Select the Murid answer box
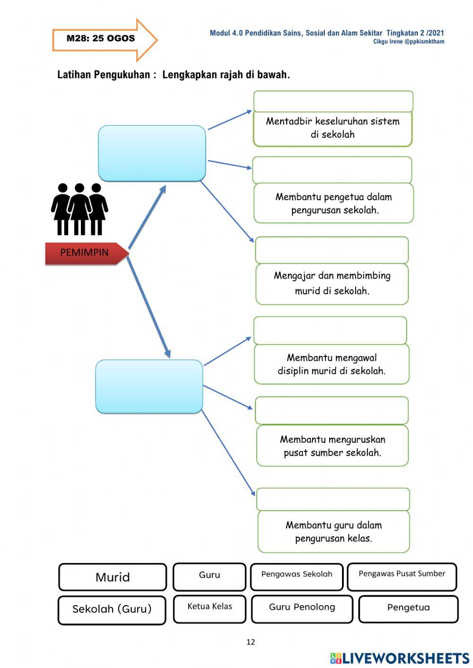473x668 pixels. coord(113,577)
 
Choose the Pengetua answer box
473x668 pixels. coord(408,608)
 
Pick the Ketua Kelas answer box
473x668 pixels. coord(210,608)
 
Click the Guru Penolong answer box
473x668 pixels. coord(302,608)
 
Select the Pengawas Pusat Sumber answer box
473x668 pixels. coord(402,576)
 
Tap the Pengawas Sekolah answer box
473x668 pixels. coord(297,576)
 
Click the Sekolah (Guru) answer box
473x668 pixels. coord(112,610)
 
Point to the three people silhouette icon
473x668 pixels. coord(79,209)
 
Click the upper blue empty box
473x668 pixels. coord(152,153)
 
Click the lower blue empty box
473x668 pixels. coord(149,386)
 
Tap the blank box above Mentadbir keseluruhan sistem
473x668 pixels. coord(333,101)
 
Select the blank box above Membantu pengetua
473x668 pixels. coord(332,170)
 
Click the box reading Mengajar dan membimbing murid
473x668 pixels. coord(332,284)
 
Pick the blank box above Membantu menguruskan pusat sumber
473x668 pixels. coord(332,410)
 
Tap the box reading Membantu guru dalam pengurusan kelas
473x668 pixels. coord(333,532)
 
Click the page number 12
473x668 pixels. coord(251,642)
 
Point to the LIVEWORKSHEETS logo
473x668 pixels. coord(400,658)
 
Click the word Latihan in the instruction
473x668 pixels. coord(74,75)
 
